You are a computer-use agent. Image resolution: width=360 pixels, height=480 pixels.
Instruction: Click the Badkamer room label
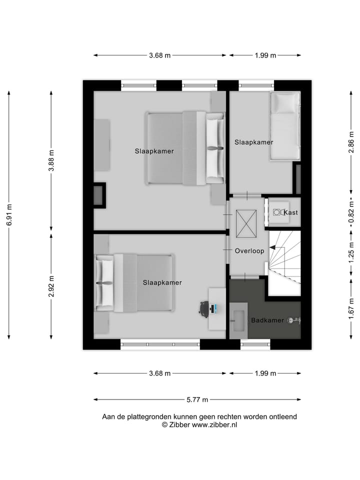pos(267,320)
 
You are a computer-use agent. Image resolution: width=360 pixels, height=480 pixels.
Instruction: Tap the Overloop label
pos(249,251)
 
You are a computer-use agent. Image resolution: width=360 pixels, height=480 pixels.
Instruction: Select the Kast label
pos(291,212)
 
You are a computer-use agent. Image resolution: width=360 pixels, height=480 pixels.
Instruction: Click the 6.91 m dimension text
pos(9,215)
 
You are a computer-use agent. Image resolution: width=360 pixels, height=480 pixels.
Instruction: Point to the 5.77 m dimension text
pos(197,399)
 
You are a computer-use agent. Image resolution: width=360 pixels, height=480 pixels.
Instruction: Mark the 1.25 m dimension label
pos(351,253)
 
